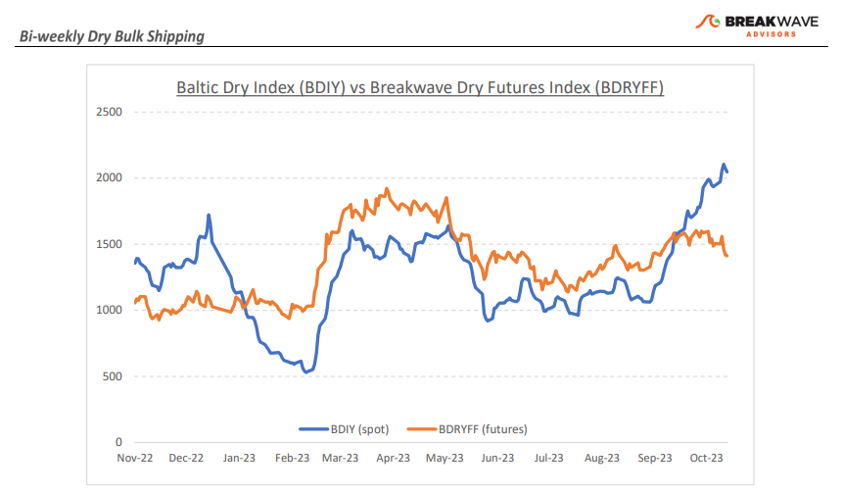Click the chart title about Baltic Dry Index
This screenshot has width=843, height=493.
tap(420, 87)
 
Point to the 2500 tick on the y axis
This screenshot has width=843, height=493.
tap(108, 112)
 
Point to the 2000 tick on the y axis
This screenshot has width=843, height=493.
tap(108, 178)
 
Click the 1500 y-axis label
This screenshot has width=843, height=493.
tap(108, 244)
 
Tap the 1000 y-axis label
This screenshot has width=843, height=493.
tap(108, 311)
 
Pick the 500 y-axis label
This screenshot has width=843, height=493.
tap(112, 376)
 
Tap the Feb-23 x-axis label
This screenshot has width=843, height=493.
tap(291, 458)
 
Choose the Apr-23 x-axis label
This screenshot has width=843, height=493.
tap(392, 458)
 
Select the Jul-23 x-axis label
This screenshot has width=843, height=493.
tap(548, 458)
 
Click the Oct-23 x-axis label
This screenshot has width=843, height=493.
tap(705, 458)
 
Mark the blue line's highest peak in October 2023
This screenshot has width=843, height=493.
tap(724, 165)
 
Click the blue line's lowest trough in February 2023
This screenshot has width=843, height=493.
tap(305, 372)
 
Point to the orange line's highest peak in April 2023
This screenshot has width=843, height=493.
tap(387, 189)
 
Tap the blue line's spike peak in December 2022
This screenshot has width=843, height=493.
tap(209, 215)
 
